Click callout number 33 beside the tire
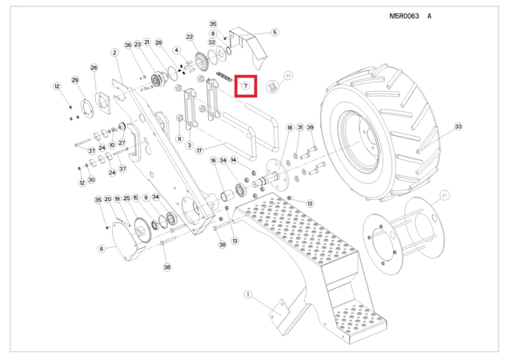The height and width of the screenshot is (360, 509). (458, 126)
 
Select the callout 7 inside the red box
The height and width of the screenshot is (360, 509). (246, 86)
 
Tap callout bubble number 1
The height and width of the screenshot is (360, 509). (248, 294)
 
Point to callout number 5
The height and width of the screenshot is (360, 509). (275, 32)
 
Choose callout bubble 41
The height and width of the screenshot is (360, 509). (445, 195)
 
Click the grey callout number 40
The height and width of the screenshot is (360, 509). (288, 75)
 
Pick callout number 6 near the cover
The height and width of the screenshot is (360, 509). (102, 249)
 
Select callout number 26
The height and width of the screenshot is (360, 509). (94, 68)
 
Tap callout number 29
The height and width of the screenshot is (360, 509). (75, 81)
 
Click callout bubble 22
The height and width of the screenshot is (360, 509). (189, 37)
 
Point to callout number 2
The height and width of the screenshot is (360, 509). (115, 52)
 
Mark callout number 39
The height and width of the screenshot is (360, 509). (310, 128)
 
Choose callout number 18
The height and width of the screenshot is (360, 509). (290, 128)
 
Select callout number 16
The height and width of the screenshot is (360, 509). (214, 160)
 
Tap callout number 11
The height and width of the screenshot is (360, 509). (179, 139)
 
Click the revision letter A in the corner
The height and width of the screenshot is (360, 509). (429, 16)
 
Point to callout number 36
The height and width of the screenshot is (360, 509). (128, 45)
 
